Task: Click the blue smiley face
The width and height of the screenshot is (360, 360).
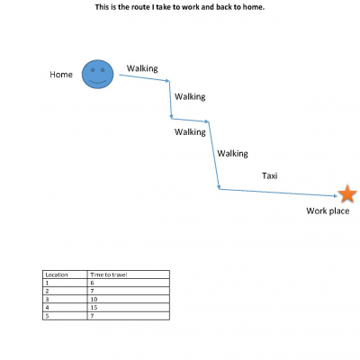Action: tap(98, 74)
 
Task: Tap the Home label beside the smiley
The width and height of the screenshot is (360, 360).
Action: tap(61, 75)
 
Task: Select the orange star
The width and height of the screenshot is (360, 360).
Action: tap(347, 193)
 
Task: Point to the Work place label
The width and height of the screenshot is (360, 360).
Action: tap(328, 211)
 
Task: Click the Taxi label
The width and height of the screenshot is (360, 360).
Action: tap(270, 175)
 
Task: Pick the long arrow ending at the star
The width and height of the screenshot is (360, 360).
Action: tap(279, 193)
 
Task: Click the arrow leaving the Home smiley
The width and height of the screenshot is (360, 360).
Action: tap(145, 77)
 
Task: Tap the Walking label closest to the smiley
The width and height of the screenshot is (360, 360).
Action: tap(142, 68)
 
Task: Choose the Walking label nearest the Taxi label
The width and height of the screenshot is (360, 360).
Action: tap(232, 154)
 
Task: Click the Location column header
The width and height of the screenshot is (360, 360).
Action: tap(57, 274)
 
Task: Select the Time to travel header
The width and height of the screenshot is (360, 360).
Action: tap(109, 274)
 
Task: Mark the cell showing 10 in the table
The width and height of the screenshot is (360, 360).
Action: tap(94, 300)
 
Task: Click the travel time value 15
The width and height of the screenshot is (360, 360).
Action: tap(94, 308)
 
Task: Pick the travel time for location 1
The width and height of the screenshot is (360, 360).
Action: tap(92, 283)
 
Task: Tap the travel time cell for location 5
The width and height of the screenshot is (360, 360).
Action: tap(92, 316)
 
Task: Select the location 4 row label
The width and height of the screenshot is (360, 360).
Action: tap(47, 308)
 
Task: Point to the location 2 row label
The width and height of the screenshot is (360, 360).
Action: tap(47, 291)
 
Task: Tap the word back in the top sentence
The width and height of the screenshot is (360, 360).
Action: tap(224, 7)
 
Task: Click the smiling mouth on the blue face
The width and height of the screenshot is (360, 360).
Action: tap(98, 82)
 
